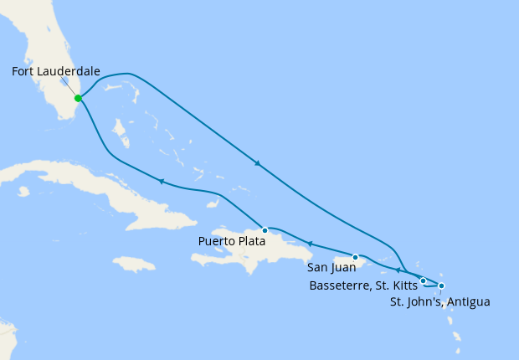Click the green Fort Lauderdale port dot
[78, 98]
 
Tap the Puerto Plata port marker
[265, 230]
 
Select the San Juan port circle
[356, 257]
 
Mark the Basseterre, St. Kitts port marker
[424, 280]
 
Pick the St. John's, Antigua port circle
[441, 286]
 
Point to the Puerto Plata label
[231, 241]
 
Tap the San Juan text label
[332, 268]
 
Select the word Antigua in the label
[468, 301]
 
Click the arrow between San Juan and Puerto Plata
[309, 244]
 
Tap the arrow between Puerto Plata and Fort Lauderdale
[160, 182]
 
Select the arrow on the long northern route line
[257, 163]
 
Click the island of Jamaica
[133, 264]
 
